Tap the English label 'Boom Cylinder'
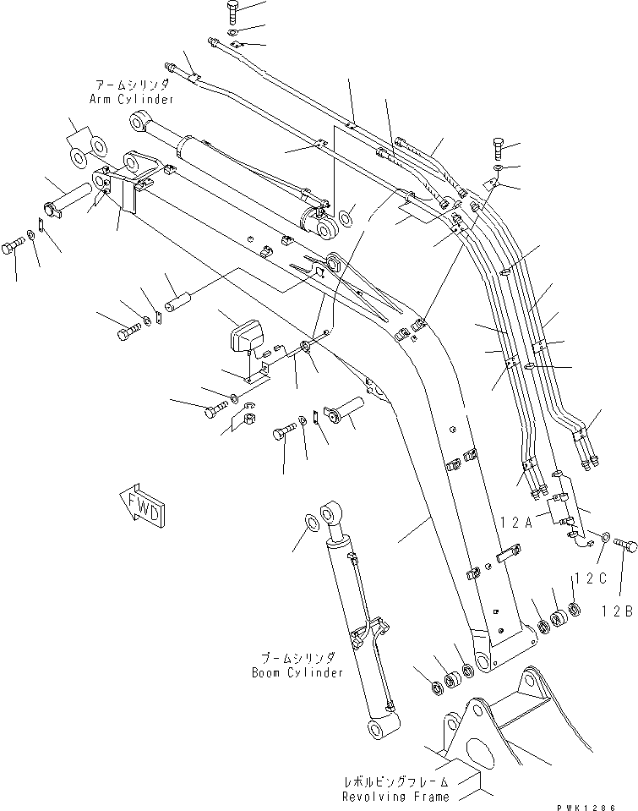[x=297, y=673]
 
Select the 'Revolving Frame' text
[x=395, y=797]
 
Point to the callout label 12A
[x=515, y=523]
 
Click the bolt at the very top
[x=233, y=12]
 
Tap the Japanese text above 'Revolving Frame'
[x=395, y=783]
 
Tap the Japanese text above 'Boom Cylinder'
[x=297, y=659]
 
